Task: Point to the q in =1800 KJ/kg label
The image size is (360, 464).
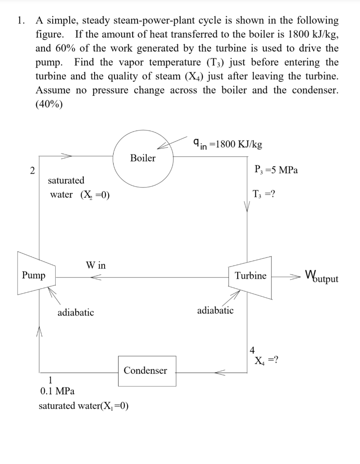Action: (227, 144)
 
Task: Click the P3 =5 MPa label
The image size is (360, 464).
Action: (276, 170)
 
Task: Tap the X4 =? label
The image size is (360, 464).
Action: (266, 360)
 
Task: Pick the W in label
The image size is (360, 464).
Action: (96, 265)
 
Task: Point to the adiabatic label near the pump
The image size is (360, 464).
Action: (76, 312)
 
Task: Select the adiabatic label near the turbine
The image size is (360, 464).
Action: (216, 310)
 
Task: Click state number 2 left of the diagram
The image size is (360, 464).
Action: (31, 171)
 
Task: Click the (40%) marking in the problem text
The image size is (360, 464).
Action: (49, 103)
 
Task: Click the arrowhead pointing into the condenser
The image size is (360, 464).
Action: (220, 372)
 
